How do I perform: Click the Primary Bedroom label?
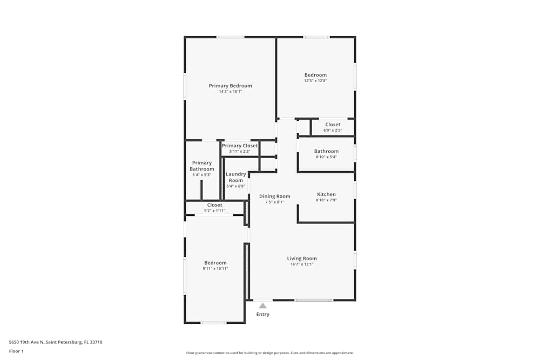click(231, 86)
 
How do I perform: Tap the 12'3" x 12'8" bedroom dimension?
click(315, 81)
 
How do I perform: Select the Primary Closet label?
click(240, 146)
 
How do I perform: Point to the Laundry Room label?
click(236, 177)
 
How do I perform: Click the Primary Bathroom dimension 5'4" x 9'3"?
click(202, 175)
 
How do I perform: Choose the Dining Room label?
click(275, 196)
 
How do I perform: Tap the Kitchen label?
click(326, 194)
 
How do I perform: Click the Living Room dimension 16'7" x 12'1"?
click(302, 264)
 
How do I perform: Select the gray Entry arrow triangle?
click(262, 305)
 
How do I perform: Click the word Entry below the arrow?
click(263, 315)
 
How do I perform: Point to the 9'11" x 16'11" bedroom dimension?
click(215, 269)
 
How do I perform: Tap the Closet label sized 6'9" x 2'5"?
click(333, 125)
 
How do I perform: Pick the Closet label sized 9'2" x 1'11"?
click(214, 205)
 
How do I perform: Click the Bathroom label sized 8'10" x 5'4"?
click(327, 152)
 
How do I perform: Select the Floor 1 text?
click(16, 351)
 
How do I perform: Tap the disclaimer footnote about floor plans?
click(269, 353)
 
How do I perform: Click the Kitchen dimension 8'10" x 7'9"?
click(326, 200)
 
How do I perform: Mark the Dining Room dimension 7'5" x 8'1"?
click(275, 202)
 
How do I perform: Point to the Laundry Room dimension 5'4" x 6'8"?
click(236, 186)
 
